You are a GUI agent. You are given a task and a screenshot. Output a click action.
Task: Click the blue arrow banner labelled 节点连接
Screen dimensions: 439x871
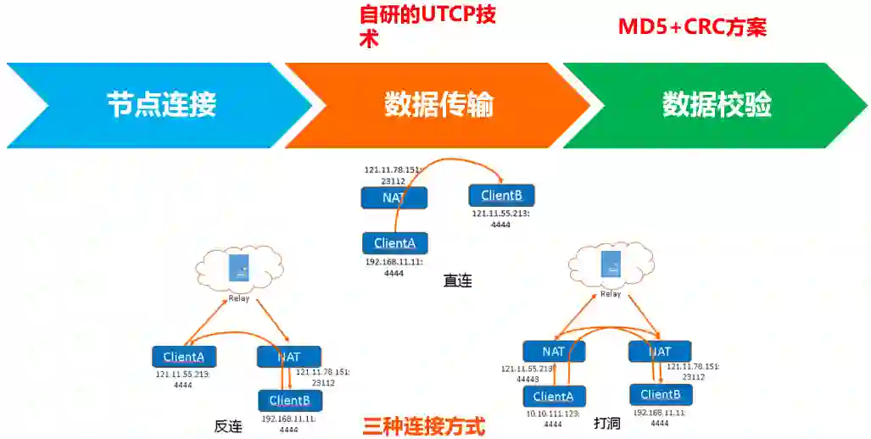pos(161,105)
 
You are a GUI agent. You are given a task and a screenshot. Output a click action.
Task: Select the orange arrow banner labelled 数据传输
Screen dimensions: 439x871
pos(438,105)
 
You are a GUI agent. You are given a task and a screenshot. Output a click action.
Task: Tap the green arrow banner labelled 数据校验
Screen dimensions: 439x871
pos(717,105)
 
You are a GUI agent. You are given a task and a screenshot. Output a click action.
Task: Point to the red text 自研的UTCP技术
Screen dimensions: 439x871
pos(427,26)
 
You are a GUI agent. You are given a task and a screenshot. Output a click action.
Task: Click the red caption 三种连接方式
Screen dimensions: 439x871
pos(424,425)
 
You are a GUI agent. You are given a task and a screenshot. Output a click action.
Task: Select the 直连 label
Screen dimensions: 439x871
pos(457,281)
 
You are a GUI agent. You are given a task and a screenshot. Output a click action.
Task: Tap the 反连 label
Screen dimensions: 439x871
pos(228,426)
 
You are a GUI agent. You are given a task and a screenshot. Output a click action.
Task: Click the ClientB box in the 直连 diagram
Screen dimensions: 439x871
pos(500,197)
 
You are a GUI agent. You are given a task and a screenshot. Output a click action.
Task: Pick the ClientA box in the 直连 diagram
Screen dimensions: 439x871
pos(394,243)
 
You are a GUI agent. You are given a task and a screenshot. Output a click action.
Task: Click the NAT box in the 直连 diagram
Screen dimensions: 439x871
pos(394,197)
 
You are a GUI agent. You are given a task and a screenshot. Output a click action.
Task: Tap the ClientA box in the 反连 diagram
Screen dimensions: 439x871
pos(184,357)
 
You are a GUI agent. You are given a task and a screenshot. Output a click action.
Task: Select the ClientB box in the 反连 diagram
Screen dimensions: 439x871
pos(290,400)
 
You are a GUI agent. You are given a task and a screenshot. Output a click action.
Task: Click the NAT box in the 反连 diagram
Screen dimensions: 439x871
pos(289,357)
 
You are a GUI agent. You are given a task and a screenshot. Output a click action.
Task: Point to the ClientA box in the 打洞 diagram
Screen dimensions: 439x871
pos(553,396)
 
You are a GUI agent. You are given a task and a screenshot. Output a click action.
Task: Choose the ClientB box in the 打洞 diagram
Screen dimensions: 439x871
pos(661,395)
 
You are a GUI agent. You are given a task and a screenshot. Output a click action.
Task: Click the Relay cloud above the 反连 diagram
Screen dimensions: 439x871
pos(238,270)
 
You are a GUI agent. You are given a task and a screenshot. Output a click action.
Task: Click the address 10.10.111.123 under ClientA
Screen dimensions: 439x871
pos(552,414)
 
